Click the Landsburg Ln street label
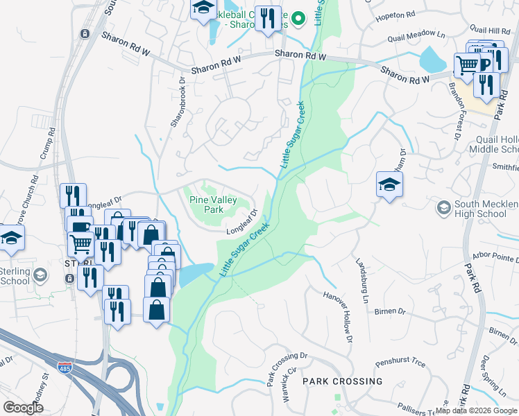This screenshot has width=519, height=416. (361, 281)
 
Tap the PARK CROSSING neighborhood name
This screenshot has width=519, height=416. (342, 381)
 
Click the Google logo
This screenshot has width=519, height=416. (24, 407)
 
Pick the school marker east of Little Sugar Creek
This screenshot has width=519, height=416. (389, 184)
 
